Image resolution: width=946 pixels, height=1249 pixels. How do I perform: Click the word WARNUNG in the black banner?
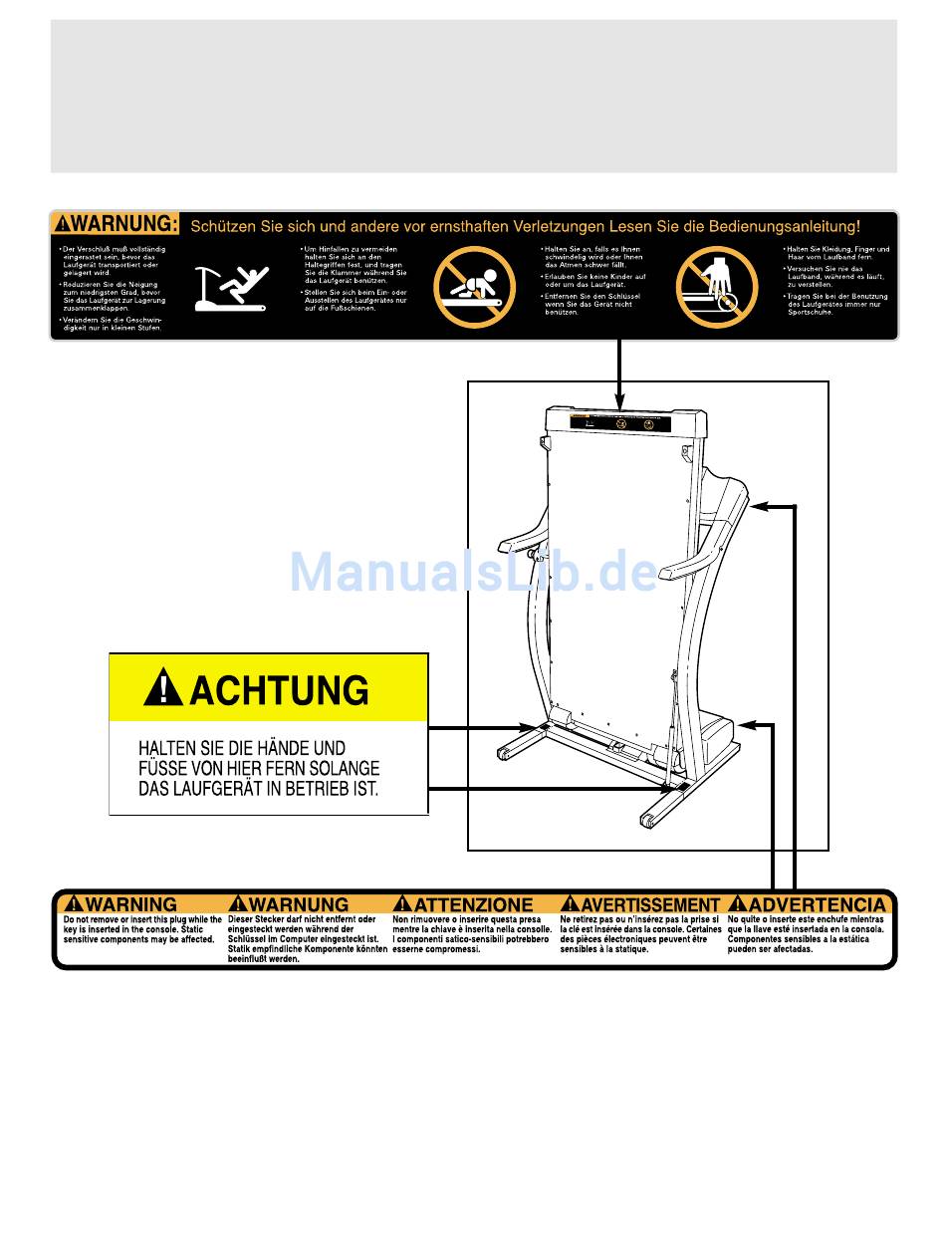125,223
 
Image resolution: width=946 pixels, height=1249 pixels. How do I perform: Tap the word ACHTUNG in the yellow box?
278,689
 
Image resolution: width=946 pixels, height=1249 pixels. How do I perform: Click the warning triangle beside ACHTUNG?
162,688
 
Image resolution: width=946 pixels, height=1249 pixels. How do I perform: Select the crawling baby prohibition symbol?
474,287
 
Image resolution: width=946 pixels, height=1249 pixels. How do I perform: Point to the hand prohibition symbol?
716,287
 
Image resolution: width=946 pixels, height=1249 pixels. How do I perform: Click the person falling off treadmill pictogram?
232,289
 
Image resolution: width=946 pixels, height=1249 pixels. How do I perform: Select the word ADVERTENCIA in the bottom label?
816,904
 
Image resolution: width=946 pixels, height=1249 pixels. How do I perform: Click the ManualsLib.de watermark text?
473,572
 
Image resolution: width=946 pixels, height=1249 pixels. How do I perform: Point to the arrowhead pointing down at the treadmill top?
619,402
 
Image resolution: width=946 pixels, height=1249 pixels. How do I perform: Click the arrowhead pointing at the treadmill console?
757,506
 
